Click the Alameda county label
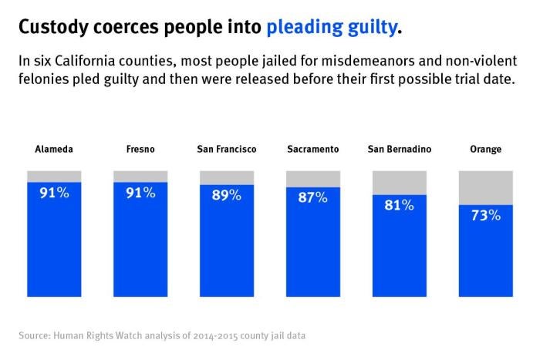54,150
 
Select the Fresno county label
140,150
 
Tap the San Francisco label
227,150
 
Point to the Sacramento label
312,150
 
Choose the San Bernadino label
399,150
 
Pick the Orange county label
485,150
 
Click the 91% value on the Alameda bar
54,193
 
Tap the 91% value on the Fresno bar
140,193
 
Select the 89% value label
227,196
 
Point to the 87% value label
312,198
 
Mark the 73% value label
485,216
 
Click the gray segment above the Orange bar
485,187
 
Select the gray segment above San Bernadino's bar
399,182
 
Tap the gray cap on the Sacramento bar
312,179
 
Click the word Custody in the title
51,29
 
